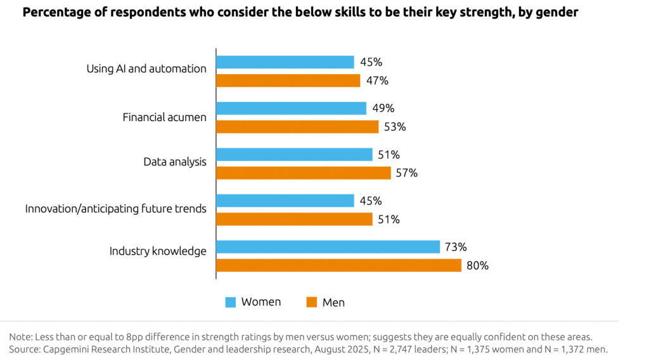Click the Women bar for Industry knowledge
(328, 247)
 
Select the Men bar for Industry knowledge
(338, 266)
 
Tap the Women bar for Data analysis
(294, 155)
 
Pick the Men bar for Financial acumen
(297, 127)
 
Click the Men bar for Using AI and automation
(288, 80)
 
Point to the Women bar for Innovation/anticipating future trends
(285, 201)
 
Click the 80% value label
(477, 266)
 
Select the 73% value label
(456, 247)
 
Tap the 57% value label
(406, 173)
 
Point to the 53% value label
(394, 127)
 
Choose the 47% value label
(376, 80)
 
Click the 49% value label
(382, 108)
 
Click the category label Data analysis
(175, 162)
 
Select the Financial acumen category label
(164, 117)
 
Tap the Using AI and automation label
(146, 68)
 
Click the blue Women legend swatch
(231, 302)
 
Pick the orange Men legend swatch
(311, 302)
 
